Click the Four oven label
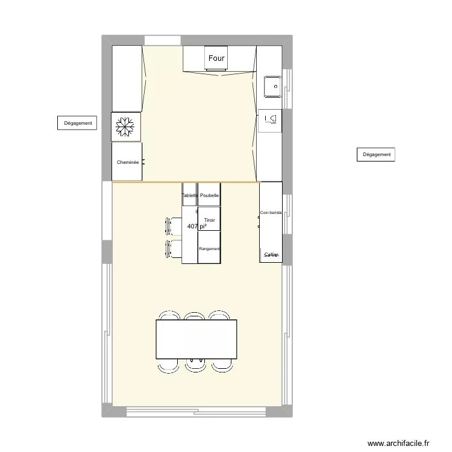pyautogui.click(x=216, y=58)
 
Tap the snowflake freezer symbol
pyautogui.click(x=127, y=127)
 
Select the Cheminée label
pyautogui.click(x=127, y=162)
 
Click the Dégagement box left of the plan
pyautogui.click(x=78, y=123)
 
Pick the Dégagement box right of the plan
pyautogui.click(x=377, y=154)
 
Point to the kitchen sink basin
pyautogui.click(x=272, y=87)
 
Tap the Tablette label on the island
pyautogui.click(x=190, y=196)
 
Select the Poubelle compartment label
pyautogui.click(x=209, y=196)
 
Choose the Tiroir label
pyautogui.click(x=210, y=221)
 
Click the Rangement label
pyautogui.click(x=209, y=249)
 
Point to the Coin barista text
pyautogui.click(x=271, y=213)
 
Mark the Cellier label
pyautogui.click(x=271, y=255)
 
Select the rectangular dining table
pyautogui.click(x=196, y=339)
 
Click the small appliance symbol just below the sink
pyautogui.click(x=270, y=119)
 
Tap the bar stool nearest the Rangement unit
pyautogui.click(x=174, y=248)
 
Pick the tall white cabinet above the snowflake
pyautogui.click(x=127, y=78)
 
